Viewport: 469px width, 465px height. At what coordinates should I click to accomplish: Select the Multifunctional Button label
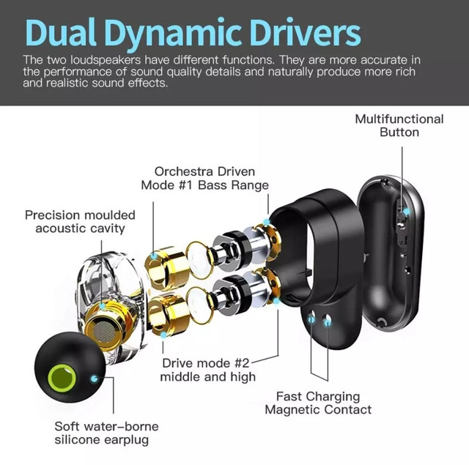399,125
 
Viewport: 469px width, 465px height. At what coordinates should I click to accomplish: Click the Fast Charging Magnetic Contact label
318,403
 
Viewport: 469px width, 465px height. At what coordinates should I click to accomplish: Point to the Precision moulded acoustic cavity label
80,221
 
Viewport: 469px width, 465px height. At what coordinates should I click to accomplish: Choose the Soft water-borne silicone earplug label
106,433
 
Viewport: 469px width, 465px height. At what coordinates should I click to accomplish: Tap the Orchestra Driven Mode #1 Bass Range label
205,178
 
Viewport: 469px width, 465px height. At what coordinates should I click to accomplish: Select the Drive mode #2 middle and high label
208,370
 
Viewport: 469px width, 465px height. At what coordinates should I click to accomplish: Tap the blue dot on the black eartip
95,379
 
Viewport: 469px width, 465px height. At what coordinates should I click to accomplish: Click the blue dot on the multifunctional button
406,212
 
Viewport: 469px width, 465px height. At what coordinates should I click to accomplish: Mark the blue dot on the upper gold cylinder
154,256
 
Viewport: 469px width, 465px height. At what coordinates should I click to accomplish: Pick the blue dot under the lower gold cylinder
163,335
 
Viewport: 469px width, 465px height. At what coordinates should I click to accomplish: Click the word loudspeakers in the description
106,60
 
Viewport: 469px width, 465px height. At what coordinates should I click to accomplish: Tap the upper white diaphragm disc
198,258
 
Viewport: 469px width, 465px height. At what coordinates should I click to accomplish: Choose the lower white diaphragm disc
199,304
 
